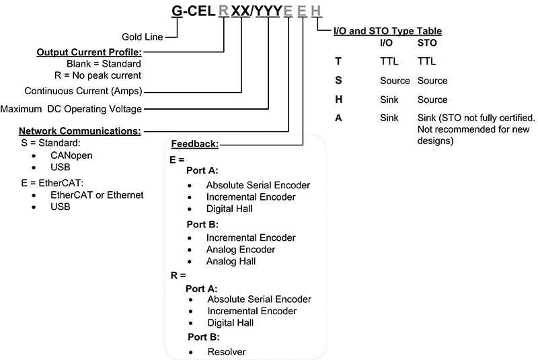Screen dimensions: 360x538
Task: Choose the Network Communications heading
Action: click(x=79, y=131)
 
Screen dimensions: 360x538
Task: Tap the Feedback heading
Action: click(x=195, y=144)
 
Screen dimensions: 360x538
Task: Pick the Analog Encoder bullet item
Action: click(x=241, y=250)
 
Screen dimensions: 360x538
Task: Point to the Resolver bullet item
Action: click(x=226, y=351)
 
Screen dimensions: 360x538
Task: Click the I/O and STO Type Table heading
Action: click(x=387, y=31)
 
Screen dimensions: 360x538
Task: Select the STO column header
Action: click(x=426, y=43)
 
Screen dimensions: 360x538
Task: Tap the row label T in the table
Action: click(x=338, y=61)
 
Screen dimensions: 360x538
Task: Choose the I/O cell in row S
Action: click(x=394, y=81)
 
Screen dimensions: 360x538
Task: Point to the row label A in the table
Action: click(x=338, y=118)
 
